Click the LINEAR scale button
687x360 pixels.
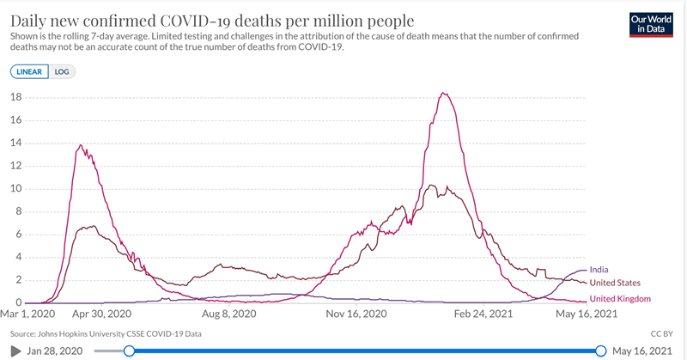pos(30,72)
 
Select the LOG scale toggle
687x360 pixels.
pos(62,72)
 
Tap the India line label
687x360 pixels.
pos(601,270)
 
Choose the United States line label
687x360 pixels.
pos(616,283)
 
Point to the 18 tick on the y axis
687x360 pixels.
pos(15,97)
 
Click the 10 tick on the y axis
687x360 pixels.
pos(15,189)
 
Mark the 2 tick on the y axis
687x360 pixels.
pos(18,280)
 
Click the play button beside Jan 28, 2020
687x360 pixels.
pos(15,351)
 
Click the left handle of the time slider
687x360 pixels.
pos(129,351)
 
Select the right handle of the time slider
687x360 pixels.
pos(601,351)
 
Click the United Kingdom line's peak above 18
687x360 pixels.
pos(443,93)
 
